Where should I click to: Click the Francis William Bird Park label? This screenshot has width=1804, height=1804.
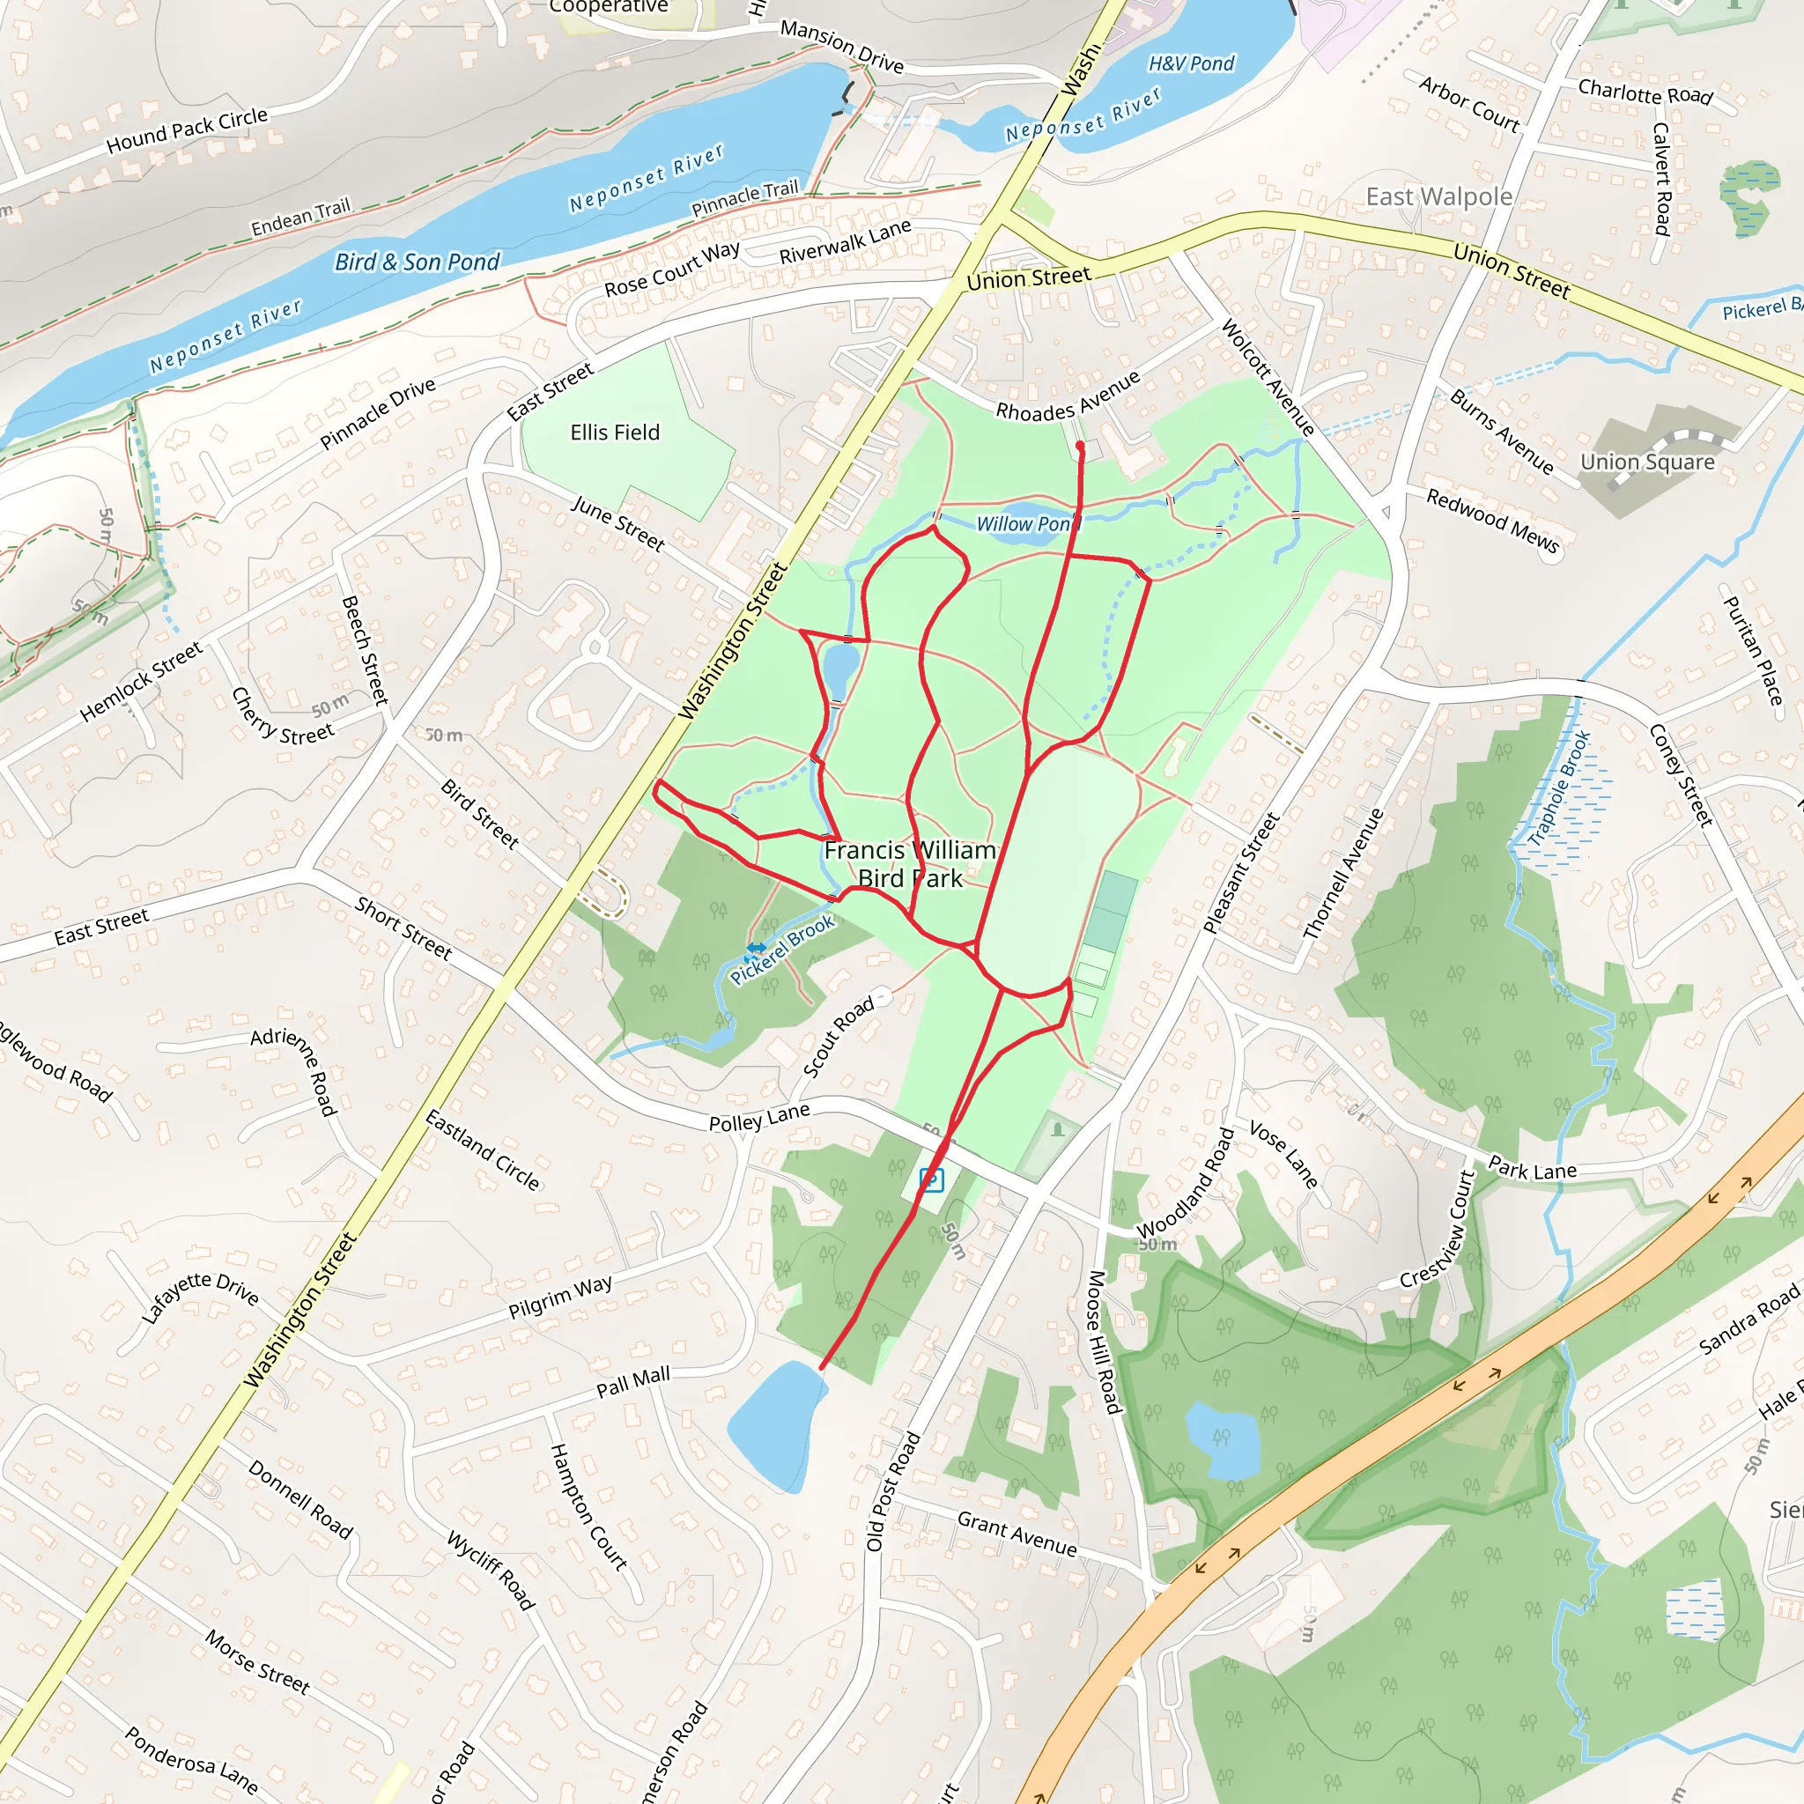(911, 864)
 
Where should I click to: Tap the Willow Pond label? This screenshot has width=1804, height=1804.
(1027, 524)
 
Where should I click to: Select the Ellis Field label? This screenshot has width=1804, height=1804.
(615, 433)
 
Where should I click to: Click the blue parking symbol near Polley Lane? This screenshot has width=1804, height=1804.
(931, 1179)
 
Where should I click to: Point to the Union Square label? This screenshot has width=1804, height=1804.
(1647, 462)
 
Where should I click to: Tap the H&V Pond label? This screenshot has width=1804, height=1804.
(1191, 63)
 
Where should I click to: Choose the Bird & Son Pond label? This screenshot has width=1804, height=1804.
(418, 262)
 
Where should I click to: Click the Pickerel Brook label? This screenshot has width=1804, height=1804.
(782, 950)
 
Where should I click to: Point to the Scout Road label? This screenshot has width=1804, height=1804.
(839, 1037)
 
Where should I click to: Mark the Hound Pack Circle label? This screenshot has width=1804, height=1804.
(187, 129)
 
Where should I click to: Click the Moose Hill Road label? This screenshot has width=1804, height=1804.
(1103, 1342)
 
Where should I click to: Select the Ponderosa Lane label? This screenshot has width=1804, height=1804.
(191, 1760)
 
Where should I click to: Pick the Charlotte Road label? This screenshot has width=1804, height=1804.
(1645, 92)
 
